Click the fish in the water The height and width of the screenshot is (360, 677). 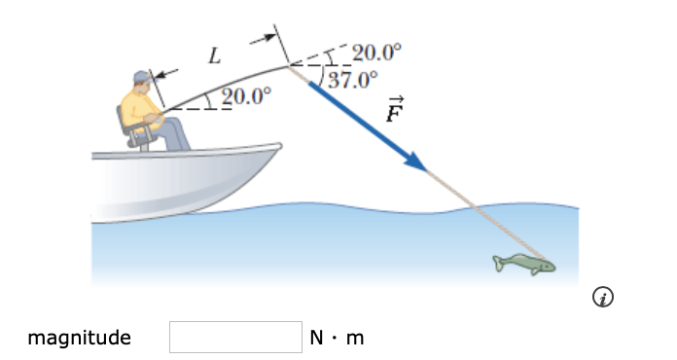tap(525, 263)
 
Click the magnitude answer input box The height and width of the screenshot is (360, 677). tap(236, 338)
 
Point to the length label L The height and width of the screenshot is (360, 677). tap(215, 56)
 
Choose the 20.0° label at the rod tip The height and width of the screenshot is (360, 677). tap(375, 52)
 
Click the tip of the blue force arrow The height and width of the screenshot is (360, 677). tap(426, 171)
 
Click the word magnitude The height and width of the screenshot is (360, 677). tap(79, 339)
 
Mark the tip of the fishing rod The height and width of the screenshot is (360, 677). tap(288, 65)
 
